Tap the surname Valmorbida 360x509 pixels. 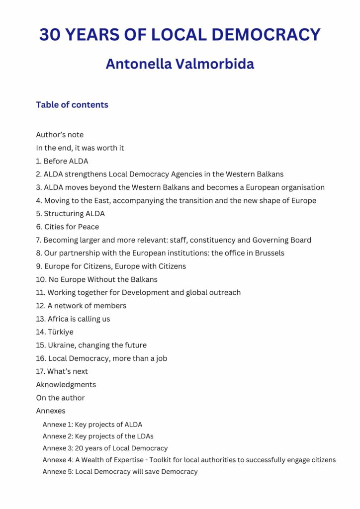[x=214, y=64]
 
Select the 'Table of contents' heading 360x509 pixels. [x=72, y=105]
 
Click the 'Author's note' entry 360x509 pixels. [x=60, y=135]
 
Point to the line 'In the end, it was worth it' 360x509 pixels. [x=80, y=148]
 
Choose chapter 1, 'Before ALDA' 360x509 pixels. [x=62, y=161]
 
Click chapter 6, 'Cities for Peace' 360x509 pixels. [x=68, y=227]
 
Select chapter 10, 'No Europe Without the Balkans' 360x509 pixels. [x=97, y=279]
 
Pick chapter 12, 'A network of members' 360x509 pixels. [x=82, y=306]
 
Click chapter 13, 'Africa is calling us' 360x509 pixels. [x=73, y=319]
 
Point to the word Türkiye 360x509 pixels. [x=61, y=332]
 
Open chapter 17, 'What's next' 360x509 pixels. [x=62, y=371]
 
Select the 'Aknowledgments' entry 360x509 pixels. [x=66, y=385]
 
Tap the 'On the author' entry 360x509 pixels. [x=60, y=398]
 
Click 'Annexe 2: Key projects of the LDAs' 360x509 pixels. [x=98, y=436]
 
